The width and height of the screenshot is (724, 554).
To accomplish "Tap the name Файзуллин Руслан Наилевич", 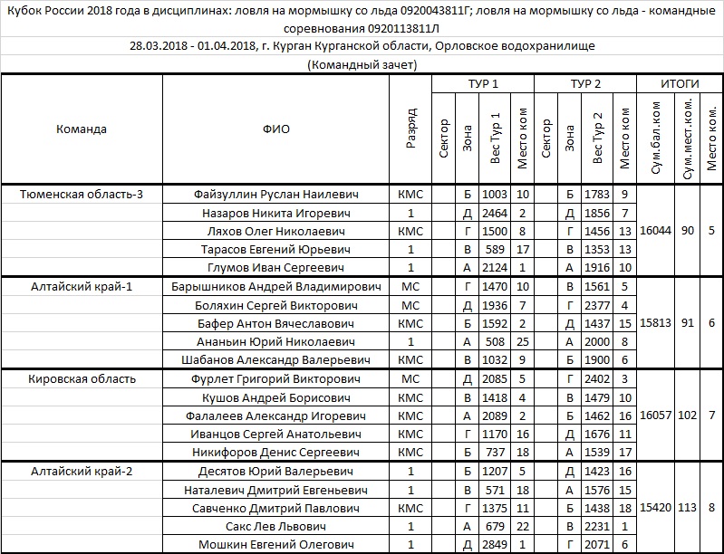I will [276, 194].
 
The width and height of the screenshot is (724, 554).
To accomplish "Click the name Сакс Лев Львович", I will [276, 526].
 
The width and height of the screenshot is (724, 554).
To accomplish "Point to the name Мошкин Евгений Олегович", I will [276, 544].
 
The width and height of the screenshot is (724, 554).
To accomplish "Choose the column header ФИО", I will [276, 129].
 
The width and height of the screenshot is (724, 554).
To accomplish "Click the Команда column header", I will [81, 129].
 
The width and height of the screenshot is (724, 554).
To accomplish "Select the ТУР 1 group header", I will [483, 83].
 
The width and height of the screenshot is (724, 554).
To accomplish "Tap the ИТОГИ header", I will [680, 83].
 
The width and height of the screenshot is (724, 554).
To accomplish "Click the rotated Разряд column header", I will [410, 129].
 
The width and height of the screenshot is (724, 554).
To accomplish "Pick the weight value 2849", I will [494, 544].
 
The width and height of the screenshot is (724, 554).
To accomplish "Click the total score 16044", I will [655, 231].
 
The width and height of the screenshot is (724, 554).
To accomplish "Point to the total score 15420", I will [655, 508].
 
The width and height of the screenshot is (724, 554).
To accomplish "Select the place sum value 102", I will [688, 415].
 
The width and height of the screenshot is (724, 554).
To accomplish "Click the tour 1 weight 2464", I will [494, 213].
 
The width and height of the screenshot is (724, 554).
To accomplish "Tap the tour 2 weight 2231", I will [597, 526].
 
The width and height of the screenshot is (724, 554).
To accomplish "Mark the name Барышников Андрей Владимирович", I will [276, 286].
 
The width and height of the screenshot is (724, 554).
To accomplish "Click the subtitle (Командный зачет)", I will [362, 64].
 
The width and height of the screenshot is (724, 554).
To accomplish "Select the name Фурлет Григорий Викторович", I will [276, 378].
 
